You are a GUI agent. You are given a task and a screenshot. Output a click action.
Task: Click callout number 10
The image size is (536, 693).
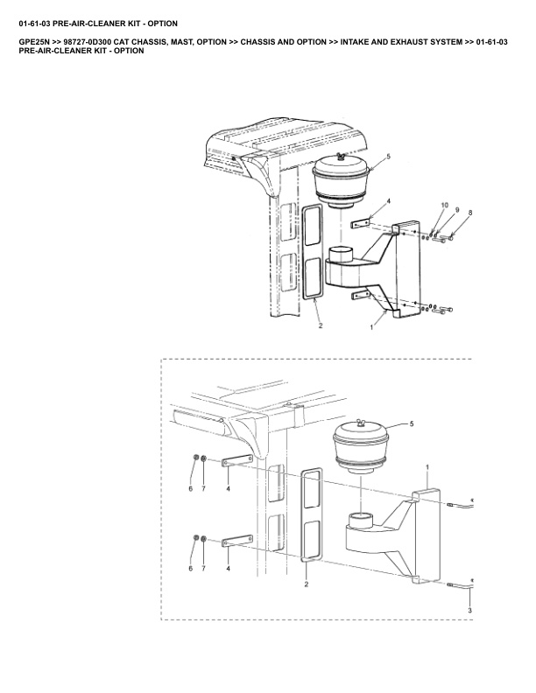click(444, 205)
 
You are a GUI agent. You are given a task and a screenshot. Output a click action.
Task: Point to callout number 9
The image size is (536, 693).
click(457, 209)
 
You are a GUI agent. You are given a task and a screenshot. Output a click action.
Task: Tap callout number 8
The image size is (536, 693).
click(470, 213)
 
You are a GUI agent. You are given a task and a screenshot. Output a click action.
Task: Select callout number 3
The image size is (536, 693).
click(469, 611)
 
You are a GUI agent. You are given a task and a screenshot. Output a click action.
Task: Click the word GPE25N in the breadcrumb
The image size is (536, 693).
click(33, 42)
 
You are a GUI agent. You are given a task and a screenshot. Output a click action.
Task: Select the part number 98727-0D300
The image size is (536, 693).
click(87, 42)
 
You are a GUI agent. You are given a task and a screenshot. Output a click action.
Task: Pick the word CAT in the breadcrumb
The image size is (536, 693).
click(121, 42)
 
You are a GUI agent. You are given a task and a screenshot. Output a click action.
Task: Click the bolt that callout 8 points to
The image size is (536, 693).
click(448, 238)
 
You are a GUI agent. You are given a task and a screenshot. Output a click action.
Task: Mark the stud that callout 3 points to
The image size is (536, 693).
click(460, 585)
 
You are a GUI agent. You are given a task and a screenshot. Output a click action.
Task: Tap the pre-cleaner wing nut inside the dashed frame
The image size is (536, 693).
click(361, 424)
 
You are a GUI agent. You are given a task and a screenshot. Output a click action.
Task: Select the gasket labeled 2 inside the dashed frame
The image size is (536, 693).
click(312, 515)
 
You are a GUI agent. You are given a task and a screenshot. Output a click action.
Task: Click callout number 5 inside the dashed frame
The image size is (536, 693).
click(412, 423)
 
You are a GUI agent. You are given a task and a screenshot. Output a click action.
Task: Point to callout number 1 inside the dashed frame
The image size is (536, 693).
click(427, 466)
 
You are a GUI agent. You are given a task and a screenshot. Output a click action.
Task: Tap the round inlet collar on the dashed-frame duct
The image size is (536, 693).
click(363, 520)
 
